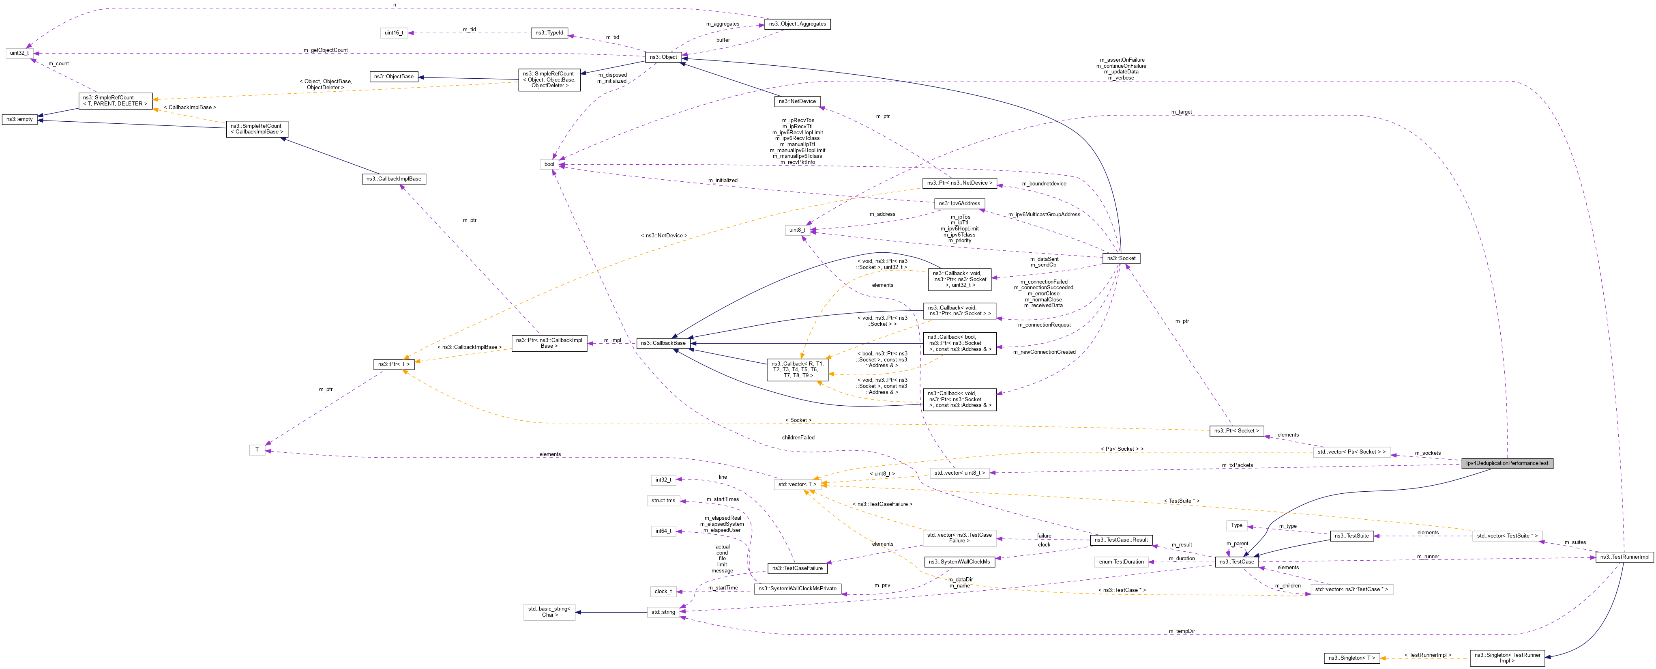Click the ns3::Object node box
click(663, 57)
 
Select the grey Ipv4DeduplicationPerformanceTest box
click(1506, 463)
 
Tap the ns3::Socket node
click(1121, 258)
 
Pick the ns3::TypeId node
click(550, 33)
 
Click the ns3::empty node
click(19, 119)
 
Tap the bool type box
click(549, 164)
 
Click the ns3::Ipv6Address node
click(959, 203)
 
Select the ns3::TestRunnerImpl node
click(1624, 557)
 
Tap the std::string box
click(663, 612)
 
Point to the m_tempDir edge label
click(1182, 631)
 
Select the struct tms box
click(663, 501)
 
